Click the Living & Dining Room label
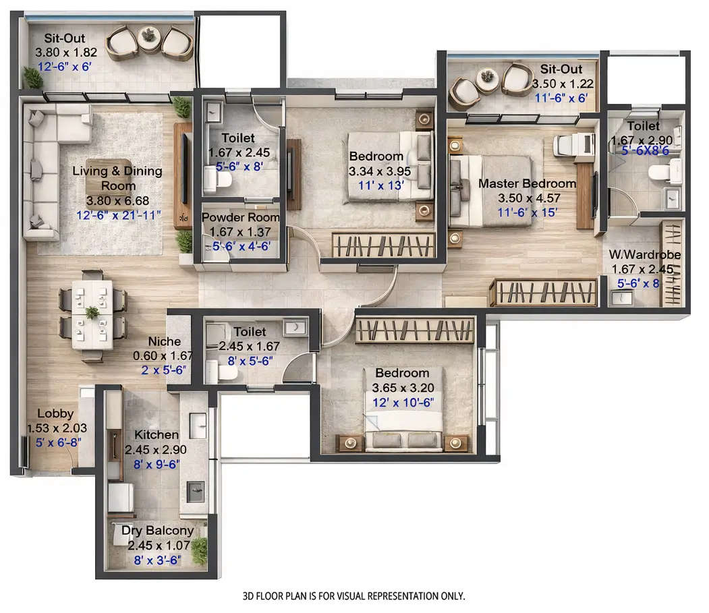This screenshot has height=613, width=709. coord(117,178)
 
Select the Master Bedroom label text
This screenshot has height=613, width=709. coord(527,183)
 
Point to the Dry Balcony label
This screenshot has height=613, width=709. coord(157,531)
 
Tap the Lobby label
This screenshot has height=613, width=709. coord(55,413)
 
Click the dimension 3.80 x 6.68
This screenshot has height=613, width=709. coord(117,200)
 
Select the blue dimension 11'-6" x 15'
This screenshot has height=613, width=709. coord(527,212)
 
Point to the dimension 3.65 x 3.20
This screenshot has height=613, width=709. coord(402,388)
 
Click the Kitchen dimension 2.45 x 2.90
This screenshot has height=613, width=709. coord(157,450)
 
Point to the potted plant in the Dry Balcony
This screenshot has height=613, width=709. coord(199,552)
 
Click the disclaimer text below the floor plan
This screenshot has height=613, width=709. coord(353,596)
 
